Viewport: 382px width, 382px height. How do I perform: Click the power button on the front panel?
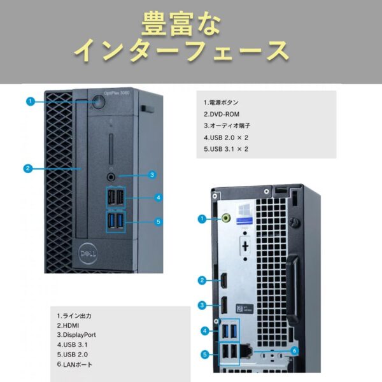98,101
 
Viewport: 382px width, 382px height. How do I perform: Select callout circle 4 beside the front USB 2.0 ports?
159,197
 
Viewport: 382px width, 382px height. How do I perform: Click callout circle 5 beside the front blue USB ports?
159,222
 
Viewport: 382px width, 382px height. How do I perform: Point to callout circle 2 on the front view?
28,169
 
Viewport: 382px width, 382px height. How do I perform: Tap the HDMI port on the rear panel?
226,281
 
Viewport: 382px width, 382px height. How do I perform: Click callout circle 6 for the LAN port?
294,350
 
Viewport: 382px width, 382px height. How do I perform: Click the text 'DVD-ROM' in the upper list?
223,114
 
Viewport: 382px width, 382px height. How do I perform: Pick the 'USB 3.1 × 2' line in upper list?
225,148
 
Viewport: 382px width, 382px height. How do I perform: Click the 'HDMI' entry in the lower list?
69,325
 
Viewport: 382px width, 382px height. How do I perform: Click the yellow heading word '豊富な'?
181,24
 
